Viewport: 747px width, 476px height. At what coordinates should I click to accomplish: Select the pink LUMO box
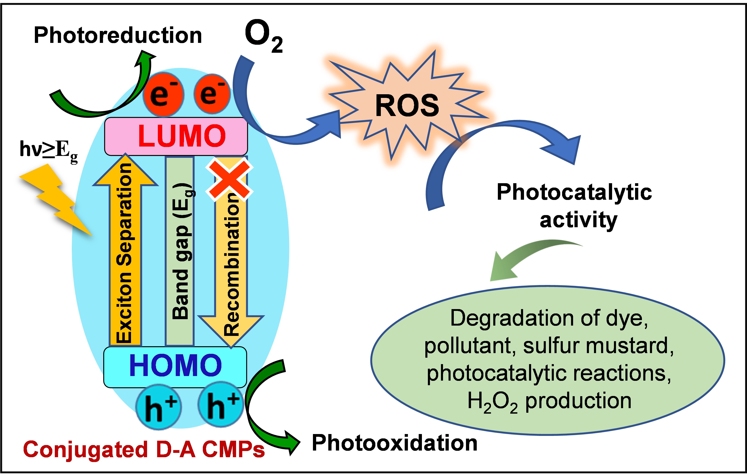176,136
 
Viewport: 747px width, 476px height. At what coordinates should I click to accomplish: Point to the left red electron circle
164,94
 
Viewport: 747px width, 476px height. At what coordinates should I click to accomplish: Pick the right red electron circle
212,93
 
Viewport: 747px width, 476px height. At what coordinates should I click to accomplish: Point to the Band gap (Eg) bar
180,251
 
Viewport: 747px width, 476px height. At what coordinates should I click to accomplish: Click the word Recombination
231,264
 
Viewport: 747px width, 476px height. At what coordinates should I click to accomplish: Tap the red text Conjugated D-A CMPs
144,450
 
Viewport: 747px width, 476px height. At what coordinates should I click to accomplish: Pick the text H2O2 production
549,401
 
